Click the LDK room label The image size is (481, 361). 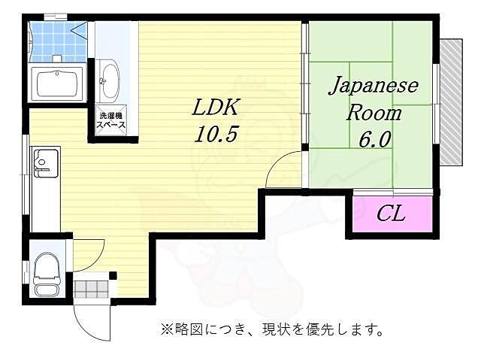(215, 108)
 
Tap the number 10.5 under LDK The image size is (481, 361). (216, 135)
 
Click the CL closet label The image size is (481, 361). (390, 214)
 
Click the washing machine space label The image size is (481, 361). (110, 120)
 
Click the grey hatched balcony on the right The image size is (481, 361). (450, 102)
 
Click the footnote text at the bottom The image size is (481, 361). (272, 329)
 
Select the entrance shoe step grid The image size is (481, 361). (92, 289)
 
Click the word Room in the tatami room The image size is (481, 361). (373, 114)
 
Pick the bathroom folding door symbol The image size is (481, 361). (80, 31)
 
